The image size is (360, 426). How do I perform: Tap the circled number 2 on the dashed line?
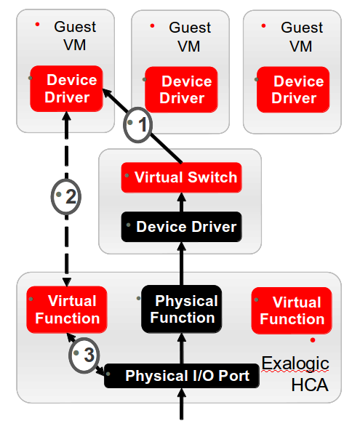67,196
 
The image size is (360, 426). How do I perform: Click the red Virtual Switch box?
180,177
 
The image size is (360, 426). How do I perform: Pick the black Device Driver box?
180,227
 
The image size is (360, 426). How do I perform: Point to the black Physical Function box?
180,309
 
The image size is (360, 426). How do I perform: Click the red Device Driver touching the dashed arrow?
67,89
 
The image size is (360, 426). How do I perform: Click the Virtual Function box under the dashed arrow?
67,310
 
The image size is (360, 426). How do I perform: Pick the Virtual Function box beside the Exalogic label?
292,310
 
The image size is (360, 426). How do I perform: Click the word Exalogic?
295,363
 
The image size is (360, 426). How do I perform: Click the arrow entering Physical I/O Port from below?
181,406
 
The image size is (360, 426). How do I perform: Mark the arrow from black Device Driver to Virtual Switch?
181,201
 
